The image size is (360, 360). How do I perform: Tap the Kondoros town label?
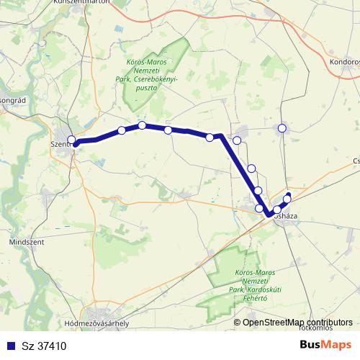point(345,63)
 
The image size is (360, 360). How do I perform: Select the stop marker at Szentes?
point(71,140)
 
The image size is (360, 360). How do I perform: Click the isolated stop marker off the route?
point(282,128)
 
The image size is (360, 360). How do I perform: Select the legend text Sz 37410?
point(45,346)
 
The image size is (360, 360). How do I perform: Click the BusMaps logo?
point(326,344)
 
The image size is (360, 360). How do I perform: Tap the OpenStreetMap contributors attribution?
point(297,323)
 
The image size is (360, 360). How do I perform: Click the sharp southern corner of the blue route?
point(269,214)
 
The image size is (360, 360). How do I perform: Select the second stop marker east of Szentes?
point(143,125)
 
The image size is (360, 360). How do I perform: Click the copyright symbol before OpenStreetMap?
point(237,323)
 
